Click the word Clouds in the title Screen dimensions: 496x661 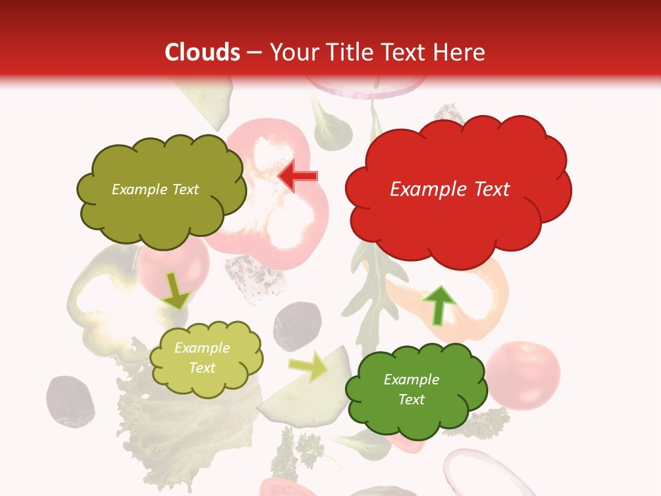(x=202, y=52)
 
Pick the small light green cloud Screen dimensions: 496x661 (x=206, y=358)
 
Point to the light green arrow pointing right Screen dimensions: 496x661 (x=309, y=366)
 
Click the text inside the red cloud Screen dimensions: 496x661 (x=450, y=189)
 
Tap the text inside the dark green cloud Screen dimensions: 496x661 (x=411, y=389)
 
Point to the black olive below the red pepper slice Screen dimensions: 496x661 (x=297, y=325)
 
